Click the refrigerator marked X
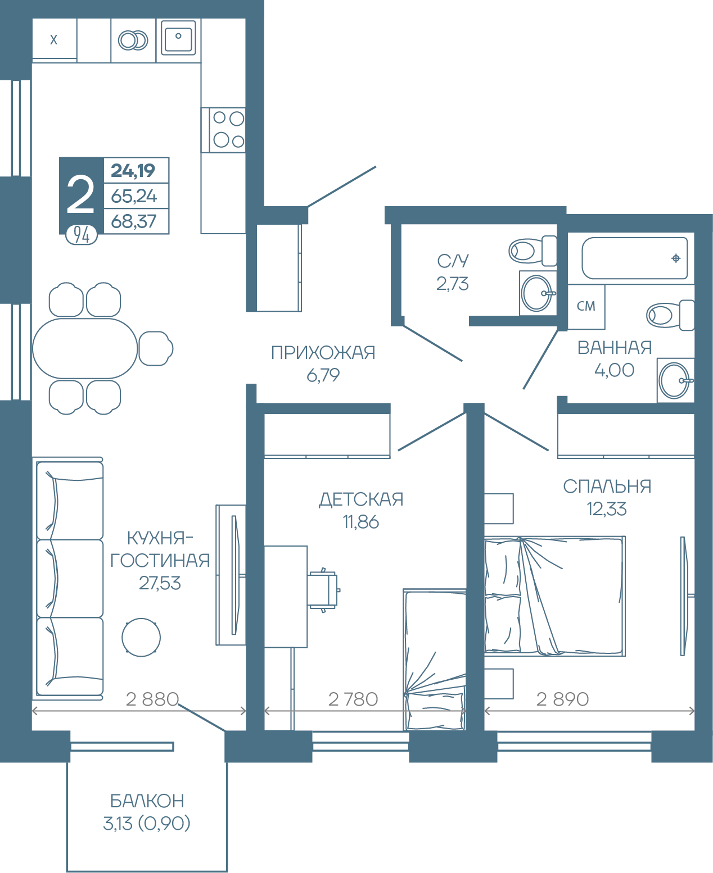[x=55, y=39]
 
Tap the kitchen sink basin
[x=178, y=38]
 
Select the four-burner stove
[x=223, y=130]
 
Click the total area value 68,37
[x=133, y=221]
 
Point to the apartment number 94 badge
[x=82, y=235]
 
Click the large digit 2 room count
[x=80, y=194]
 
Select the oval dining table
[x=85, y=348]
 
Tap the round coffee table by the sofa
[x=141, y=638]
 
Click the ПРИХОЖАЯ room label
[x=323, y=353]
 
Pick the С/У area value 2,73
[x=453, y=284]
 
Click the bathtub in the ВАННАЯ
[x=634, y=258]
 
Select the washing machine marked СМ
[x=586, y=306]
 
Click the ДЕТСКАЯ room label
[x=361, y=499]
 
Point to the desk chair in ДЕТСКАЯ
[x=323, y=590]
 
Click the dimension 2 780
[x=353, y=699]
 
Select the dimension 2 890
[x=562, y=699]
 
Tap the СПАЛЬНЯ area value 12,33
[x=607, y=509]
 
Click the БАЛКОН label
[x=147, y=802]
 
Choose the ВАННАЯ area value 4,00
[x=614, y=370]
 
